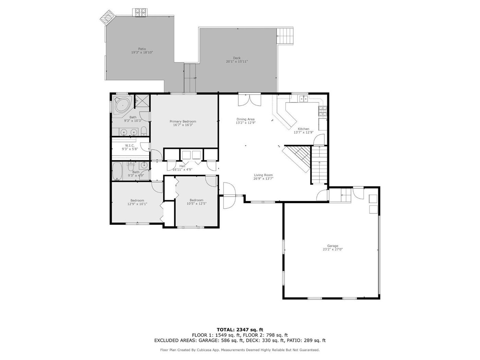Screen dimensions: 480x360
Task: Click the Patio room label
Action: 142,49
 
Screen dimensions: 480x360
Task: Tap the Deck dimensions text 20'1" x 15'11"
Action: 237,62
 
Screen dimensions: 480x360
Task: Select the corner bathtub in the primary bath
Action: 122,105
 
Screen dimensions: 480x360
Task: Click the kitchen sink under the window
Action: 303,99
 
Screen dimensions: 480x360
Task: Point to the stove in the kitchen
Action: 323,111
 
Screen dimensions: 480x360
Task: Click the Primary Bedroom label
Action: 183,121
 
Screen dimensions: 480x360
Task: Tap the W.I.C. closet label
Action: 130,146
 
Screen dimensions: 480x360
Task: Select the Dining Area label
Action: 245,119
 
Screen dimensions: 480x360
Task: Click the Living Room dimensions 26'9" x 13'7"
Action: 263,179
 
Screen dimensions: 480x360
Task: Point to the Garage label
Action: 333,246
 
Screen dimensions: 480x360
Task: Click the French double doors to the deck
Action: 249,100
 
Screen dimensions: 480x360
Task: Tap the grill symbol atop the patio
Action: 140,12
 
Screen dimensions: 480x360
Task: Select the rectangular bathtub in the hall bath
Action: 117,171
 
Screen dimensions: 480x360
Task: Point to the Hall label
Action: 182,166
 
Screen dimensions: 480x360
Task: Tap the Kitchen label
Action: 303,129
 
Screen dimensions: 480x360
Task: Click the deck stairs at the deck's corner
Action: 285,36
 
